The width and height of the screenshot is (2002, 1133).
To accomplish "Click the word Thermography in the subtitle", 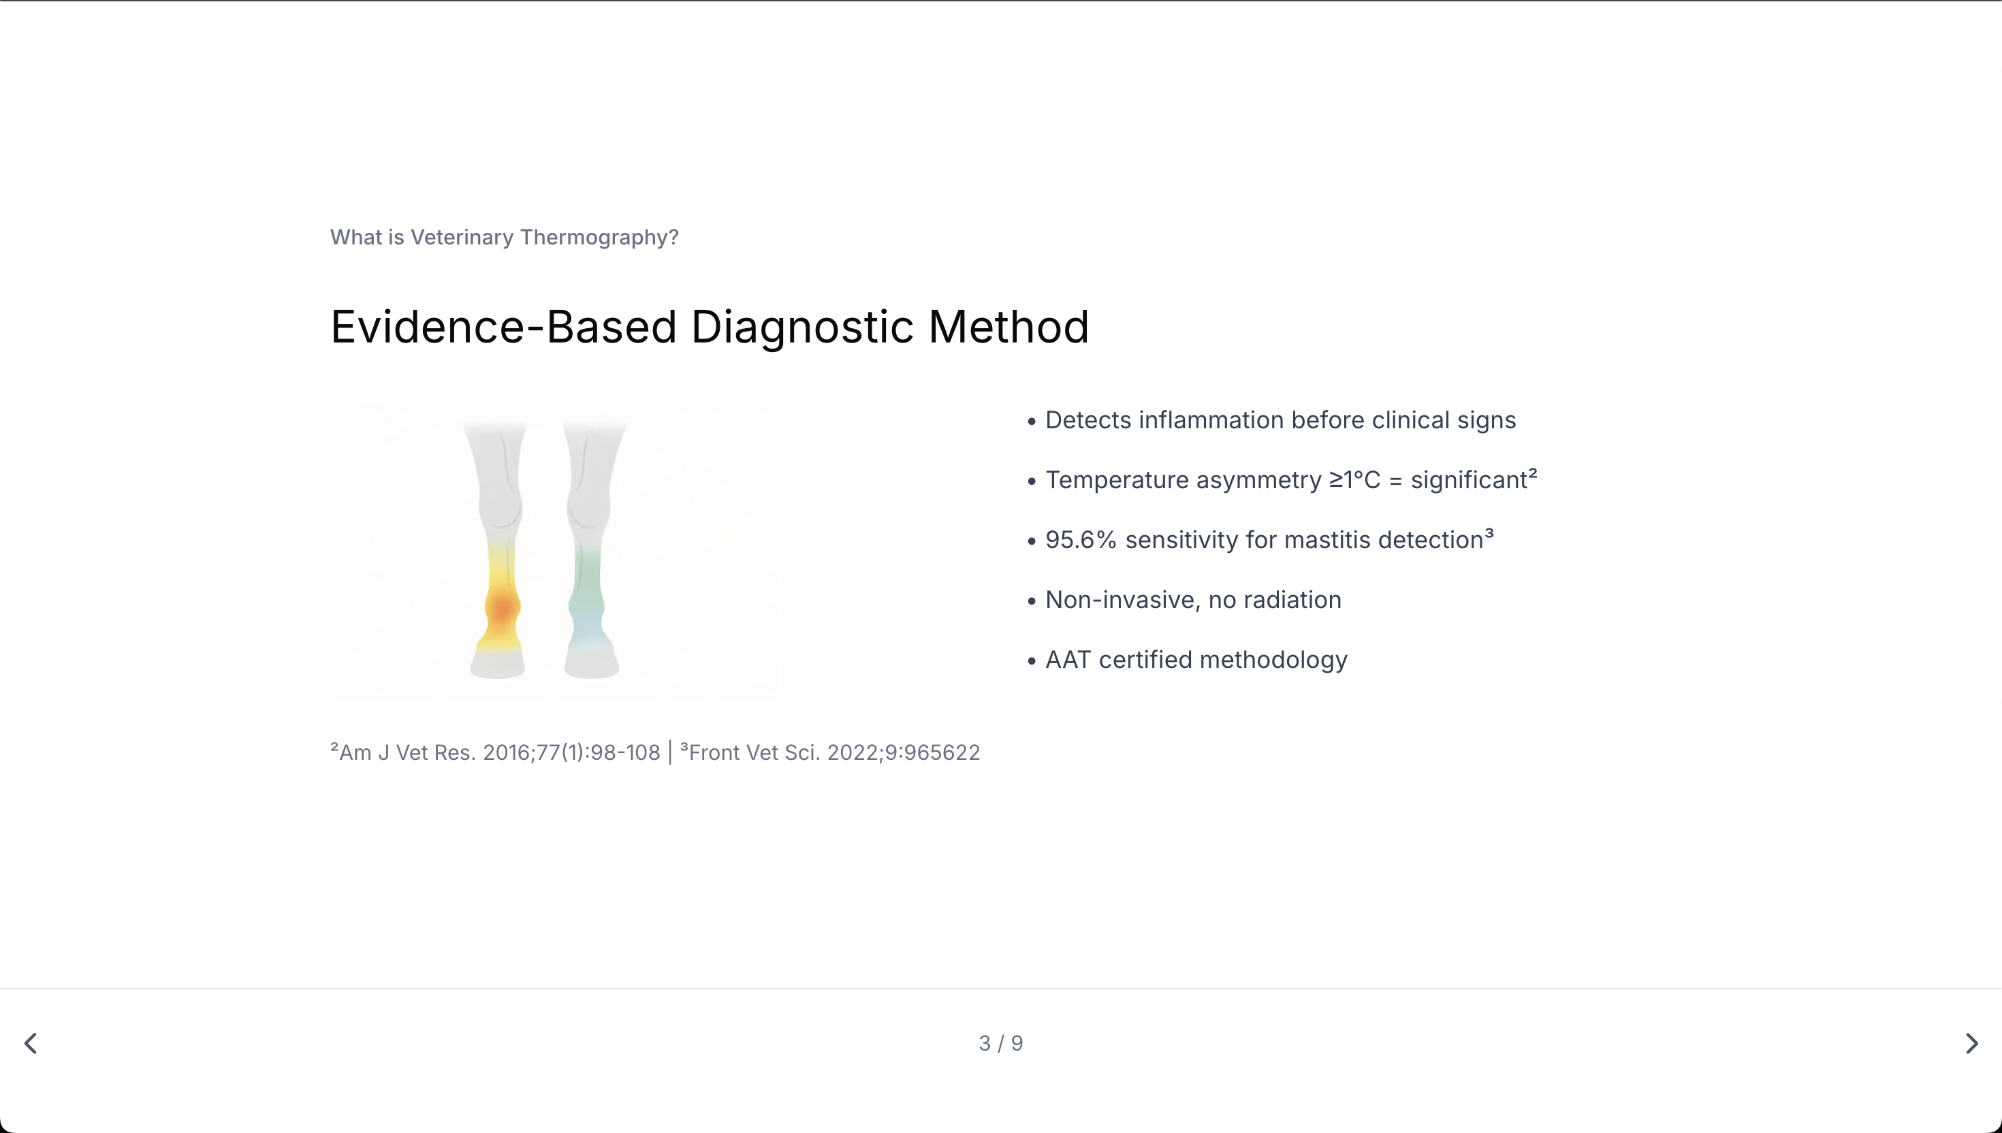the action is [599, 238].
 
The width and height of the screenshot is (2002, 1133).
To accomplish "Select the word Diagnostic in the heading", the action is [802, 327].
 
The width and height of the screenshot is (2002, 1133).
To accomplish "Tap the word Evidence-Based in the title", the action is [503, 327].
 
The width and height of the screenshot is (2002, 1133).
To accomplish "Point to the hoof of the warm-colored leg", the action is [498, 665].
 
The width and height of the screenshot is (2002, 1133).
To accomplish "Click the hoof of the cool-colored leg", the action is [591, 664].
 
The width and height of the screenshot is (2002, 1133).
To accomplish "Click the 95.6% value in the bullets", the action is [1081, 539].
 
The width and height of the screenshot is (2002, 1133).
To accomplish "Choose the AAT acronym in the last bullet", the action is [1068, 660].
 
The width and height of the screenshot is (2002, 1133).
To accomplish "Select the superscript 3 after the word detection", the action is [1489, 533].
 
